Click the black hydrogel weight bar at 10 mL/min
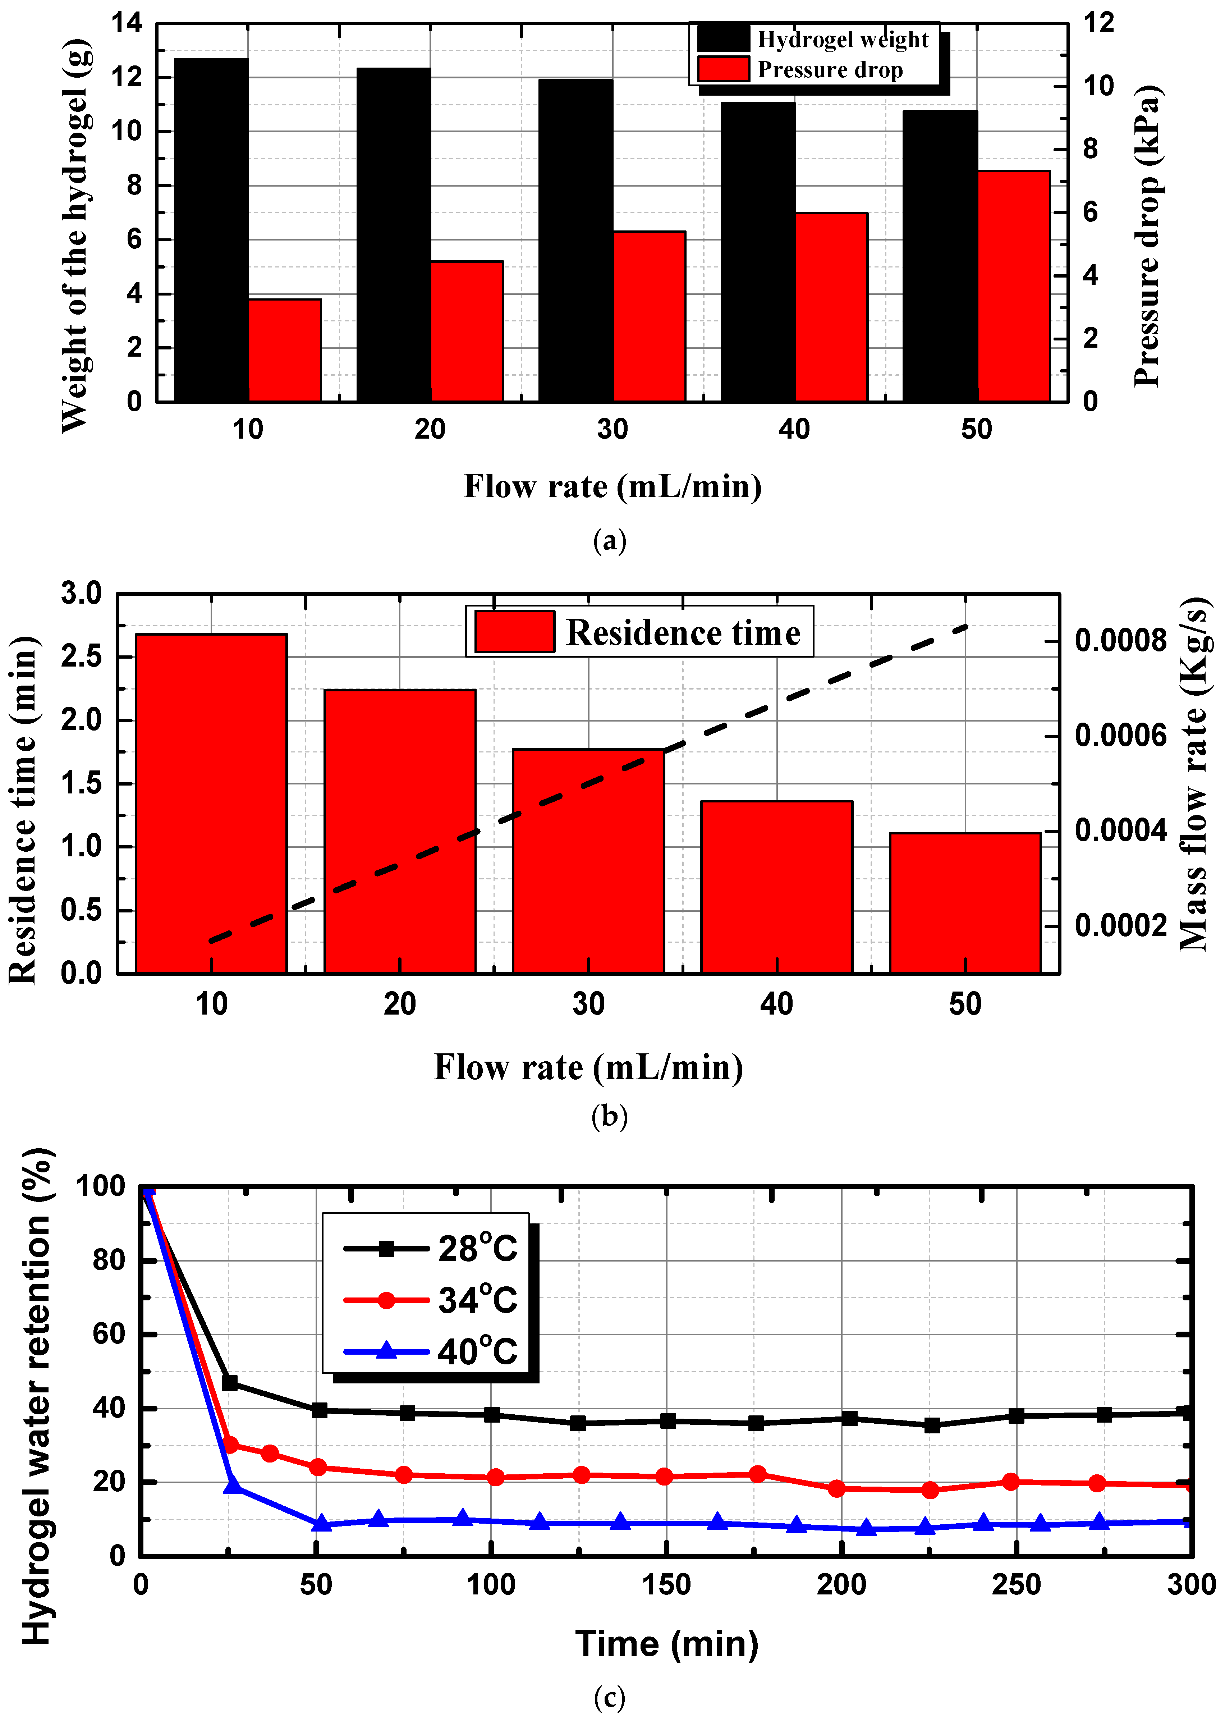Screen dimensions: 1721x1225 tap(211, 230)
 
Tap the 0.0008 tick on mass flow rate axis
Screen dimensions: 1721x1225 tap(1120, 641)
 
